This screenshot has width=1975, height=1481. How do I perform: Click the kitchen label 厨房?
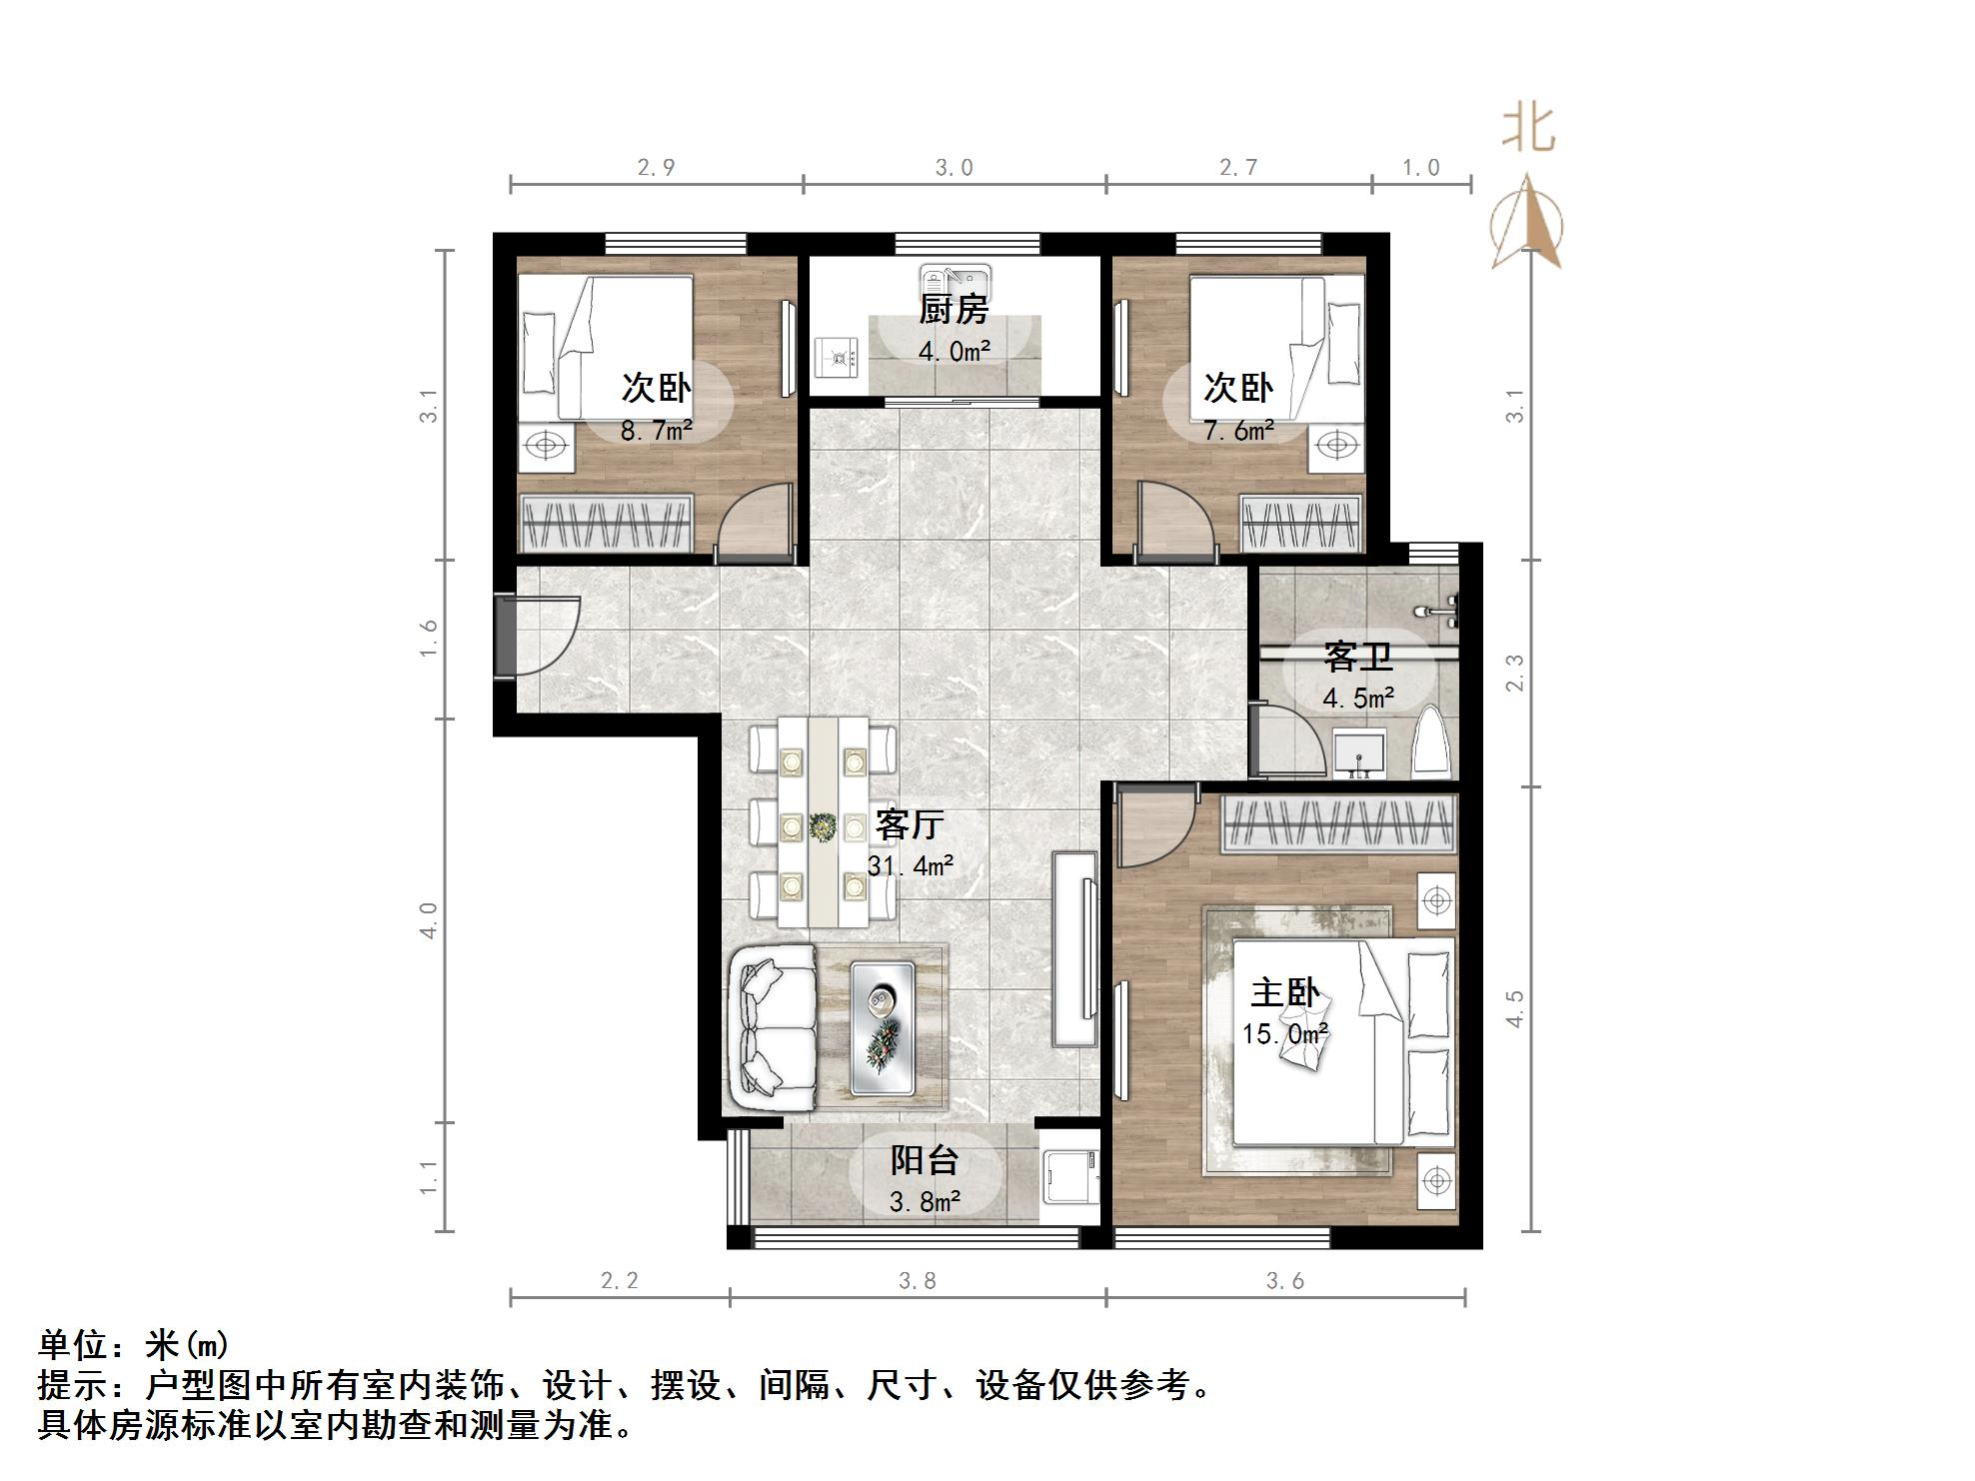click(x=954, y=310)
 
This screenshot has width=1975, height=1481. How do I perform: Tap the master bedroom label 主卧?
click(x=1284, y=992)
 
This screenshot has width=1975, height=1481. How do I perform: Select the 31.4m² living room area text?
click(x=910, y=865)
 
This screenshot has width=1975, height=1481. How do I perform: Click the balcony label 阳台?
click(x=925, y=1160)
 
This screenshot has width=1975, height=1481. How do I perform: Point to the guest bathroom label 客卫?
click(x=1357, y=657)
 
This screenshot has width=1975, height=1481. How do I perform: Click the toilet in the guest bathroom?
click(x=1431, y=745)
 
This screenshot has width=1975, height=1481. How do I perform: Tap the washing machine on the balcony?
click(x=1068, y=1177)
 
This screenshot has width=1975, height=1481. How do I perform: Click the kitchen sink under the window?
click(x=955, y=277)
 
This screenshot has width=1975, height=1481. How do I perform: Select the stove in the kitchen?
click(x=836, y=358)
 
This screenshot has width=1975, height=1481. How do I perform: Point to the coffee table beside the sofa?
click(x=883, y=1027)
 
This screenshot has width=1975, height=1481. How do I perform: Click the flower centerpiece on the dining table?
click(x=823, y=826)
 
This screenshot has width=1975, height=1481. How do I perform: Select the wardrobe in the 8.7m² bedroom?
click(x=606, y=523)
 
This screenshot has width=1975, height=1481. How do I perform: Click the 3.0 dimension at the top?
click(x=954, y=168)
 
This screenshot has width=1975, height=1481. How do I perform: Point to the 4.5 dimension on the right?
click(x=1515, y=1008)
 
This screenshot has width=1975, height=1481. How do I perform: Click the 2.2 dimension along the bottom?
click(x=619, y=1280)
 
